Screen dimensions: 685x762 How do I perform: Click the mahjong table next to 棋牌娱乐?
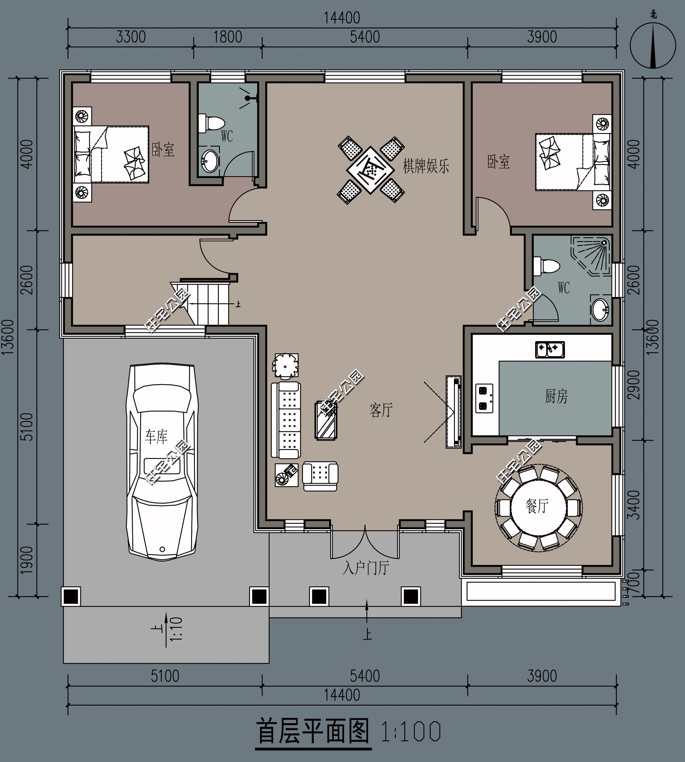[x=371, y=170]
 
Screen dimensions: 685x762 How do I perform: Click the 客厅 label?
[x=381, y=410]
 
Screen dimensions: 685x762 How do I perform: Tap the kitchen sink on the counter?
[x=550, y=349]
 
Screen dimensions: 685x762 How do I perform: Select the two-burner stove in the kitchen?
[x=484, y=398]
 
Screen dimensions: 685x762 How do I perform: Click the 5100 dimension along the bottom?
[x=165, y=676]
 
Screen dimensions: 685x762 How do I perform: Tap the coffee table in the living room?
[x=326, y=421]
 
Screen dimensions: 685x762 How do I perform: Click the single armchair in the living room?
[x=320, y=476]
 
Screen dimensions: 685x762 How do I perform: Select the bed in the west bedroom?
[x=111, y=154]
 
